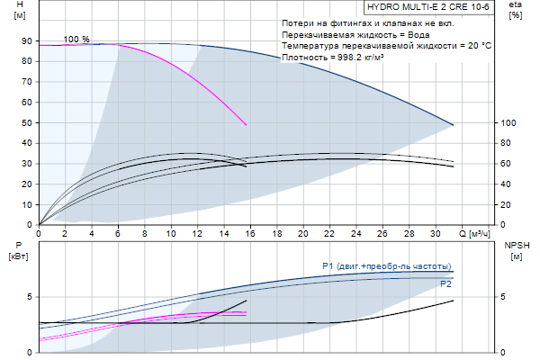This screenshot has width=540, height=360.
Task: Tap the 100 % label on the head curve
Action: click(x=76, y=40)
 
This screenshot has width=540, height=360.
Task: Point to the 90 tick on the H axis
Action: click(x=26, y=42)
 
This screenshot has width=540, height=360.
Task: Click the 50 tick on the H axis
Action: click(x=26, y=123)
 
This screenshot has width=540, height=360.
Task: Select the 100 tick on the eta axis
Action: click(x=508, y=123)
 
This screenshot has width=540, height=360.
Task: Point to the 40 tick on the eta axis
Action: click(x=506, y=184)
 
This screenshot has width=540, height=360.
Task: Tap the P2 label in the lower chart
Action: click(x=445, y=284)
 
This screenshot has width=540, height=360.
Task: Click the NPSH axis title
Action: click(x=517, y=245)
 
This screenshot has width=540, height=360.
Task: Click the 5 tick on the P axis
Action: click(x=29, y=297)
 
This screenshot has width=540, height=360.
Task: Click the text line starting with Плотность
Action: click(x=333, y=57)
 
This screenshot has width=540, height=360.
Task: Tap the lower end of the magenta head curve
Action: click(x=247, y=125)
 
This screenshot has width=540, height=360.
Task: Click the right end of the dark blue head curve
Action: click(x=454, y=124)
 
